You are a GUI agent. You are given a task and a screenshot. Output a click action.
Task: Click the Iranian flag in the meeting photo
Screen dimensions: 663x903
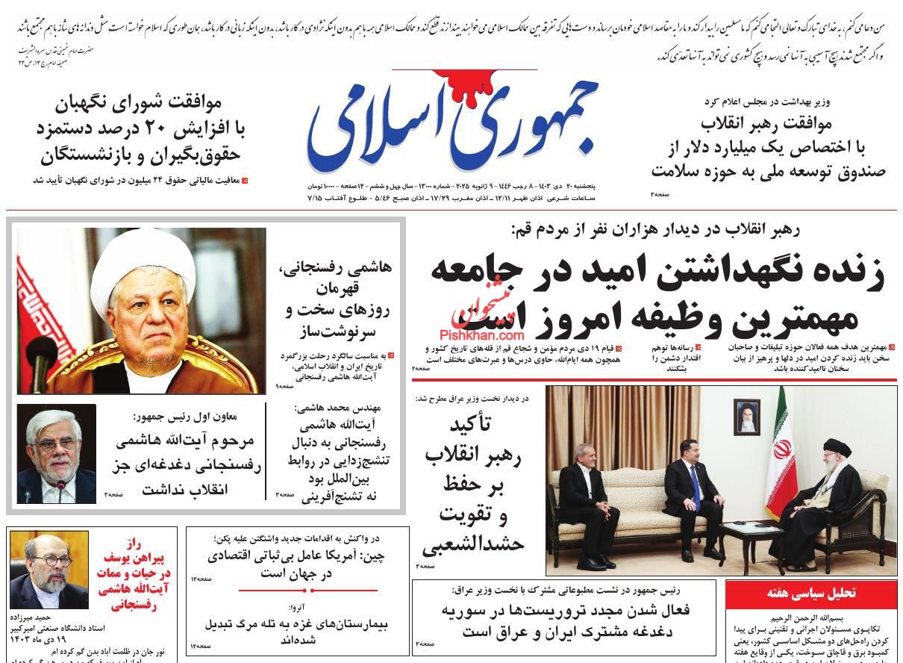pos(782,441)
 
